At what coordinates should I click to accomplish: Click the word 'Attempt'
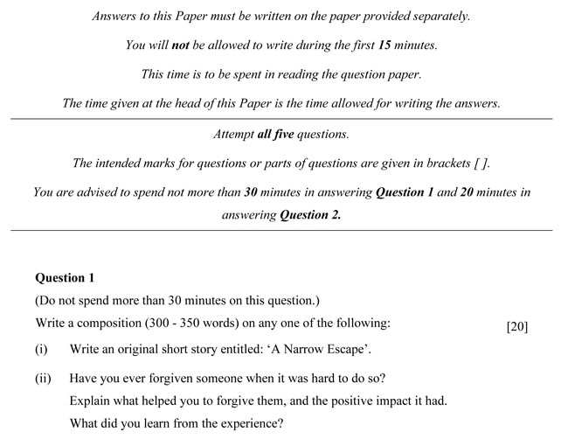tap(233, 135)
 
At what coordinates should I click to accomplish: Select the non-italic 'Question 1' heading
tap(65, 278)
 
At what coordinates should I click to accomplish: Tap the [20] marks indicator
tap(517, 327)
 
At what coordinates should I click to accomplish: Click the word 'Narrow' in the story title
tap(306, 350)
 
